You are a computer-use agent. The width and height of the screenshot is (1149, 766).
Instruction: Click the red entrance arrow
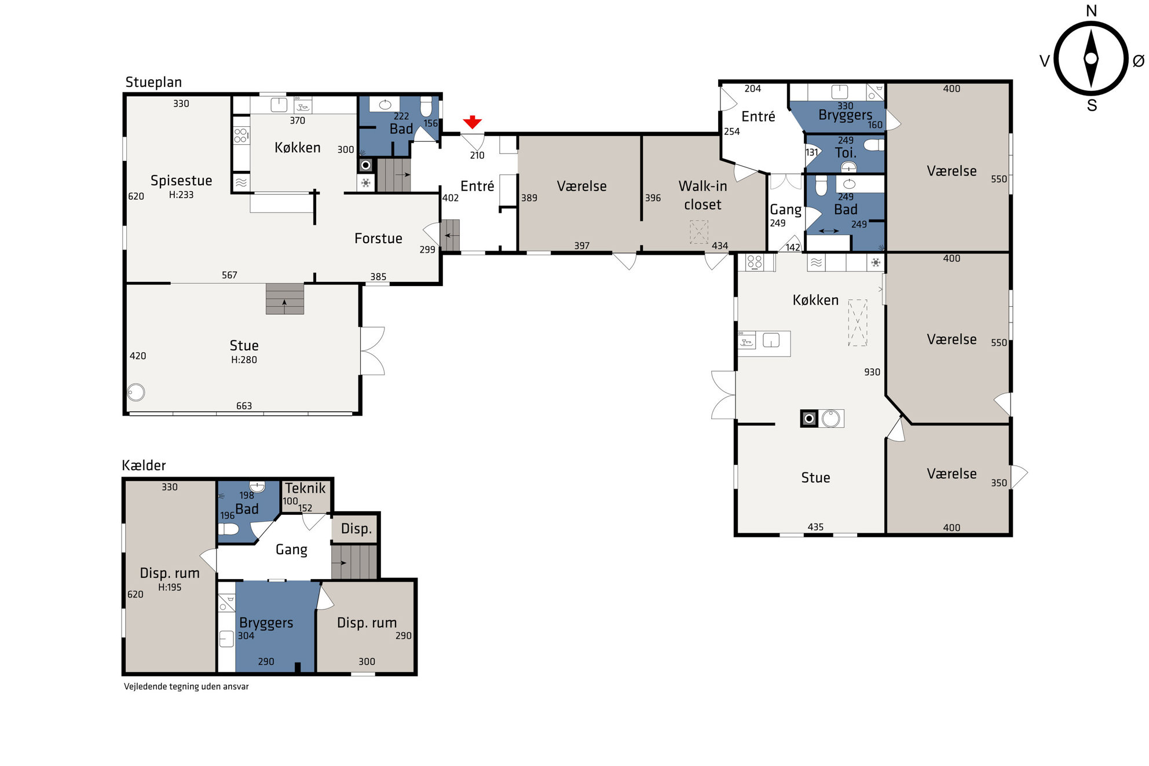[473, 122]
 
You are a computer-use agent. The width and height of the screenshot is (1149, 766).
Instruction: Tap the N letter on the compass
[1091, 11]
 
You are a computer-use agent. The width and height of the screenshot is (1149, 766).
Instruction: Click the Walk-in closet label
[702, 195]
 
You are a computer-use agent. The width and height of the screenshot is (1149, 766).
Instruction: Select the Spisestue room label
[181, 181]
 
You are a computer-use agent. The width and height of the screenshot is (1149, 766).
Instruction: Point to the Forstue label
[378, 239]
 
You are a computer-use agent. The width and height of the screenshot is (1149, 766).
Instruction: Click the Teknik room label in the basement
[305, 488]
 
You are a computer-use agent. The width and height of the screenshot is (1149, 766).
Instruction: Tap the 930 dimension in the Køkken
[872, 372]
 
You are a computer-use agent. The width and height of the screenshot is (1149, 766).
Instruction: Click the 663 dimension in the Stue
[244, 406]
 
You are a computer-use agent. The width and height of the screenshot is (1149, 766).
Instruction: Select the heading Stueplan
[153, 82]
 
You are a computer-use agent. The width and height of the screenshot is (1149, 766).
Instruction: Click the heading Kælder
[144, 466]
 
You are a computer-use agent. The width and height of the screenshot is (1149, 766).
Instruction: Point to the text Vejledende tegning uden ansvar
[186, 687]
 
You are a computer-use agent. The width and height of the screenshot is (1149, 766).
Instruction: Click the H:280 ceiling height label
[244, 360]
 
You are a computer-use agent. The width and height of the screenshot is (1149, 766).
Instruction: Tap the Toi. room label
[846, 153]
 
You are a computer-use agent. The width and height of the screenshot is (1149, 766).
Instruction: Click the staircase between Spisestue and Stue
[284, 299]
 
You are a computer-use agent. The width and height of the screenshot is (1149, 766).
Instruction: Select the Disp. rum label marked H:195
[170, 573]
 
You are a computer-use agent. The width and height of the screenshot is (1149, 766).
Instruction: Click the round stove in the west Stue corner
[136, 393]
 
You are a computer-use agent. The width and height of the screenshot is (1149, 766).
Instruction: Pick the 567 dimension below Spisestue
[229, 275]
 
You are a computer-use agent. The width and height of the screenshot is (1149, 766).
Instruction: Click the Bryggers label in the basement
[266, 623]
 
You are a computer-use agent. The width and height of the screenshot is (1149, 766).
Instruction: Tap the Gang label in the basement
[291, 549]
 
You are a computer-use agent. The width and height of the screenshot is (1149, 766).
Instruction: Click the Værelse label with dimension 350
[952, 474]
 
